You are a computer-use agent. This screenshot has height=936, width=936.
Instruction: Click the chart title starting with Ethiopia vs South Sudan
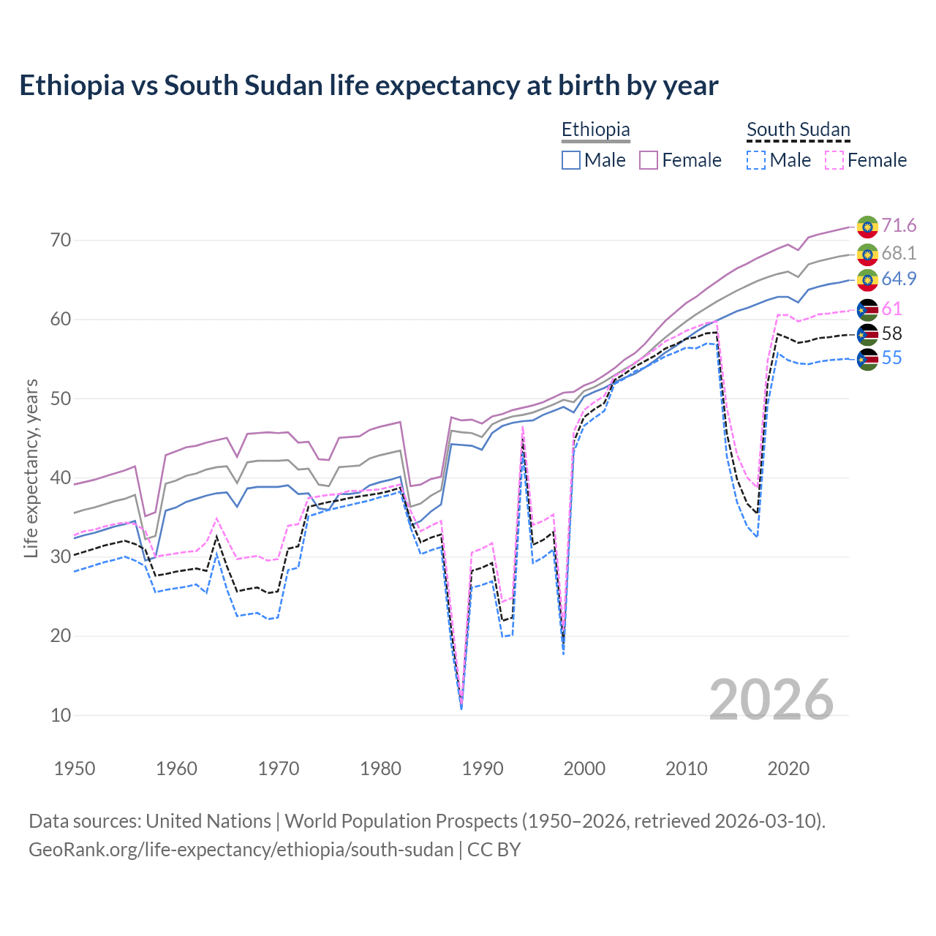click(369, 86)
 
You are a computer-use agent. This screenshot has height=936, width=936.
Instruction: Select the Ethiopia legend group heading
click(595, 129)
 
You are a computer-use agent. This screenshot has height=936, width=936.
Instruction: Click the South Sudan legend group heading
click(798, 129)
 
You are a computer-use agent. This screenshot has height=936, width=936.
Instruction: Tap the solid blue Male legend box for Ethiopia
click(571, 160)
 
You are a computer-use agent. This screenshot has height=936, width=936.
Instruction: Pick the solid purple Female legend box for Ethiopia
click(649, 160)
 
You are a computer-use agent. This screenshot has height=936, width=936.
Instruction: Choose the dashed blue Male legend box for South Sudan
click(756, 160)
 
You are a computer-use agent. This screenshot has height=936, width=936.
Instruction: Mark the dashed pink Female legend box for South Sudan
click(834, 160)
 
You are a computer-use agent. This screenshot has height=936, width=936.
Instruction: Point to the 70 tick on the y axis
click(61, 240)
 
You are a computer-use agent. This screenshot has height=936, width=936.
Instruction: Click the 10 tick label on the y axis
click(61, 715)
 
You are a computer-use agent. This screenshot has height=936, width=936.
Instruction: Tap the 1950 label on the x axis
click(75, 769)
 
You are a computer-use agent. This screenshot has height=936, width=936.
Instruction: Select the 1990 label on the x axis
click(483, 769)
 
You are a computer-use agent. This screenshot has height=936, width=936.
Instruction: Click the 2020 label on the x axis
click(788, 769)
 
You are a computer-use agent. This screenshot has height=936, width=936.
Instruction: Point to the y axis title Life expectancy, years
click(31, 468)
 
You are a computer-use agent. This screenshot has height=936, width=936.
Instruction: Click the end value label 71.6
click(899, 225)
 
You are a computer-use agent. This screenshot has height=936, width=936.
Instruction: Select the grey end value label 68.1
click(899, 253)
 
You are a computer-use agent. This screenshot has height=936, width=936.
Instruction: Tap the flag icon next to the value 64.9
click(867, 279)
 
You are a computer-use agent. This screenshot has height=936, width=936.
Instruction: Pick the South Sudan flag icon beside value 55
click(867, 359)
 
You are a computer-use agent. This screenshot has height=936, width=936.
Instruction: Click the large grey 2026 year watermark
click(771, 700)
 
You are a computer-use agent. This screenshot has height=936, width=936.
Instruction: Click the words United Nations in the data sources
click(208, 821)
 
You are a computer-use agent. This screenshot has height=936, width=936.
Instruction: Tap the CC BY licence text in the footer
click(494, 850)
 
